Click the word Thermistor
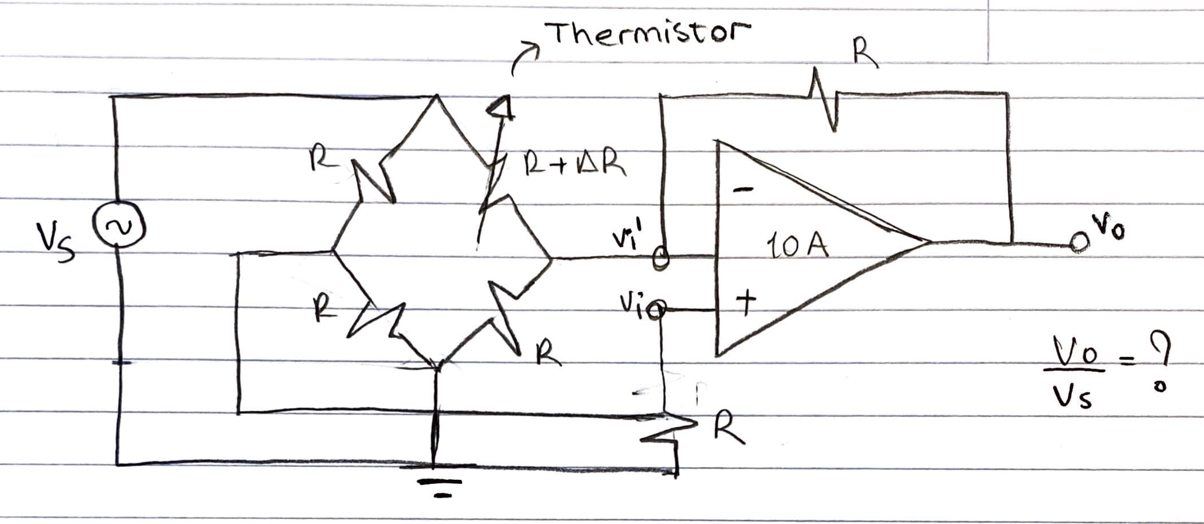[648, 33]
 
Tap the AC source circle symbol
[118, 225]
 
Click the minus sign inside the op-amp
[743, 190]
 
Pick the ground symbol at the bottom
[440, 488]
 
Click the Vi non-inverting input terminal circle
[658, 310]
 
